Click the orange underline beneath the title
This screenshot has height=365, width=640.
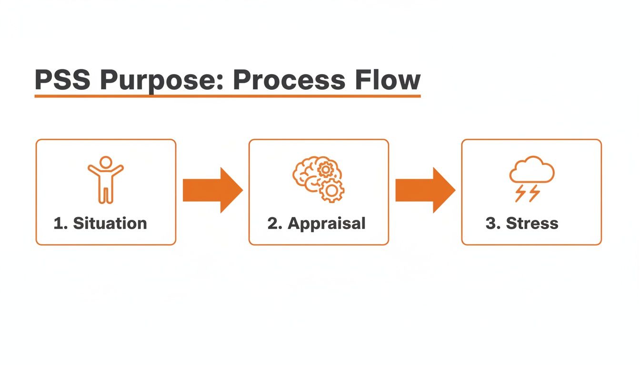point(228,96)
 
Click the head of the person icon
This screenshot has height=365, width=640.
point(106,162)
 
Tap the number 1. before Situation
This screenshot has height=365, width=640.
point(60,223)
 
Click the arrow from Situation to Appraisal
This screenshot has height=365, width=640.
point(212,190)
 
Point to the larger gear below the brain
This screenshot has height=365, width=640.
point(331,191)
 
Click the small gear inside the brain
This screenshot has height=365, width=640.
point(326,169)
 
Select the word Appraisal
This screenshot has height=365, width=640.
point(327,223)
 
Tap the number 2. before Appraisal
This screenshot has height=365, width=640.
point(275,223)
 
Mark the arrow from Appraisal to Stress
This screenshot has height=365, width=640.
point(425,190)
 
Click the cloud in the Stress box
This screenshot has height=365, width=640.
point(531,170)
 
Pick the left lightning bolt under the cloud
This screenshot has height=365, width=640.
point(521,193)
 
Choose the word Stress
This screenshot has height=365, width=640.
point(532,223)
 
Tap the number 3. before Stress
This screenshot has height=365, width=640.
point(492,223)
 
